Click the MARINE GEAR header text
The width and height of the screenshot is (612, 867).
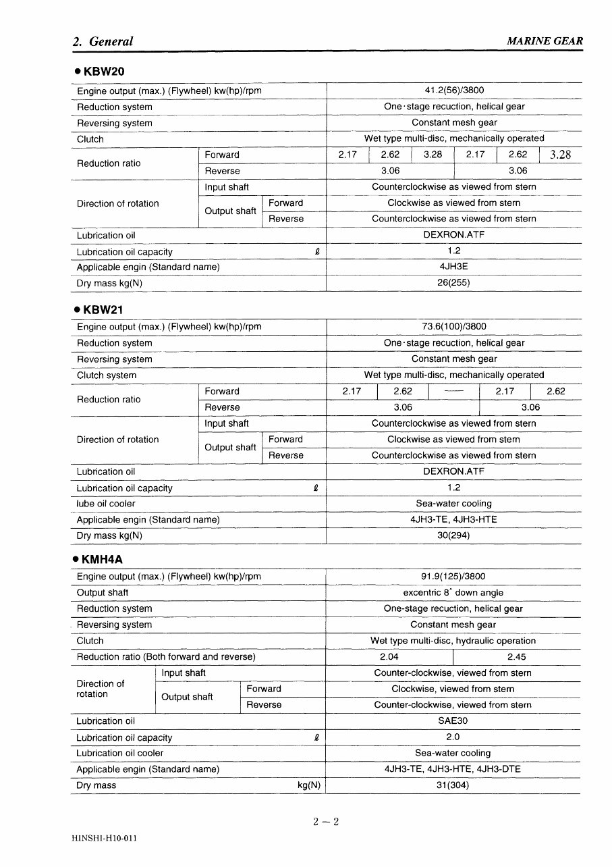545,41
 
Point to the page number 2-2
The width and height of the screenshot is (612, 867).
325,822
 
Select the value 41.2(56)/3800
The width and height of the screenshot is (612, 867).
453,90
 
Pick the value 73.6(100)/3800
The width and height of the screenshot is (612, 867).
453,327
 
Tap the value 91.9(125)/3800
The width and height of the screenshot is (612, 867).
453,577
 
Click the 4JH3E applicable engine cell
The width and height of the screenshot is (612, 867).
453,267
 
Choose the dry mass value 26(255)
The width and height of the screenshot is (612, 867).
453,283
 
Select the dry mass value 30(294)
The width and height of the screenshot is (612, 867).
453,535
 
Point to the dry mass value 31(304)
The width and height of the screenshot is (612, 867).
453,785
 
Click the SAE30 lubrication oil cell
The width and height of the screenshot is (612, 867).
453,720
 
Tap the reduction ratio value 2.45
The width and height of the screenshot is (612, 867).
516,656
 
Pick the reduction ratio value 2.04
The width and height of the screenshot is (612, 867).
389,656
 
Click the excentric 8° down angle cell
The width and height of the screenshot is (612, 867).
453,592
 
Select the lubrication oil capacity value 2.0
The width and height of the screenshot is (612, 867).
453,737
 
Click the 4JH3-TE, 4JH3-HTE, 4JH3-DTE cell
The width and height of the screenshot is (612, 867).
453,769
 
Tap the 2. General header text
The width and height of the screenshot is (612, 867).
103,41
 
